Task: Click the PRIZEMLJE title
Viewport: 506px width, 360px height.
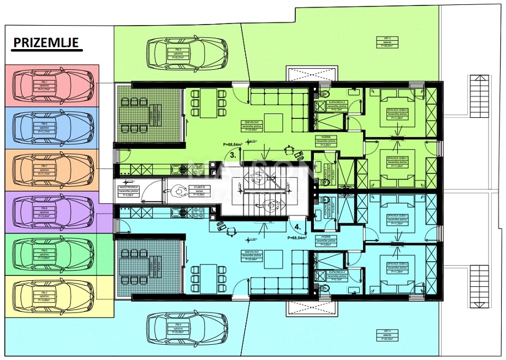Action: coord(46,43)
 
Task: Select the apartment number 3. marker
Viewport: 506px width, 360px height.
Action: coord(233,155)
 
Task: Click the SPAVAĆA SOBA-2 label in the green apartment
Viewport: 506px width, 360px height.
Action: coord(397,110)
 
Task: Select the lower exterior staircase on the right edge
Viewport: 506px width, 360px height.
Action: coord(478,282)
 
